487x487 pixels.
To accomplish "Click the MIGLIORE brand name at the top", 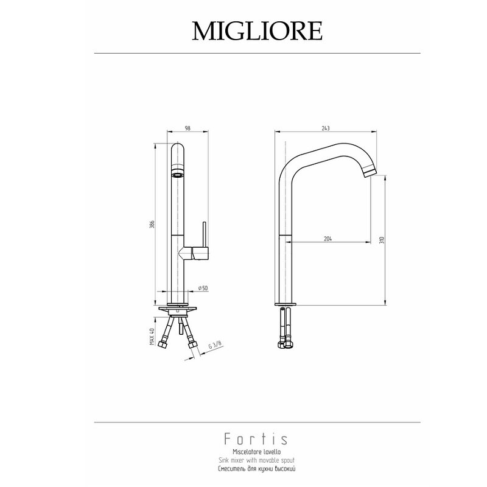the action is point(257,31).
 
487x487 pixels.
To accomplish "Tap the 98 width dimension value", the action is point(187,128).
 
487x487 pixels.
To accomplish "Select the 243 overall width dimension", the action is point(326,128).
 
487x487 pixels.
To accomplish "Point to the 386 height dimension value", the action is point(152,224).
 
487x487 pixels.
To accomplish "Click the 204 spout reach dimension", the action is point(328,239).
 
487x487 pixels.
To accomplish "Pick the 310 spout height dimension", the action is point(382,240).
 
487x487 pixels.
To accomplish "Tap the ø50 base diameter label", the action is point(203,288).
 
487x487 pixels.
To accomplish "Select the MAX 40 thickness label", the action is point(152,337).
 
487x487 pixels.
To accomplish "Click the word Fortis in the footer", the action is point(256,439).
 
